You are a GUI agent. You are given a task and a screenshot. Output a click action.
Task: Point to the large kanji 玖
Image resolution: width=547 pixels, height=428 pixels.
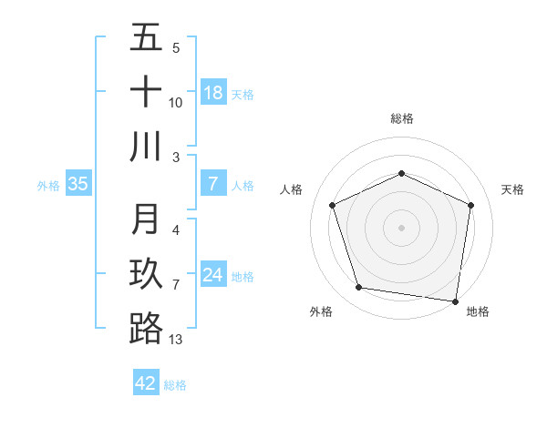[146, 274]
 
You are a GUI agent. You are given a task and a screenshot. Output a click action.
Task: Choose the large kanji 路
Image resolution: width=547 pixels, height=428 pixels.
[146, 328]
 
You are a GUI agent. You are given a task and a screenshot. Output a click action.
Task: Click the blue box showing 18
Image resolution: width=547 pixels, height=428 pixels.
[213, 93]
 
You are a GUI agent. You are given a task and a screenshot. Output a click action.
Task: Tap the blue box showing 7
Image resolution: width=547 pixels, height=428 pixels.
[213, 184]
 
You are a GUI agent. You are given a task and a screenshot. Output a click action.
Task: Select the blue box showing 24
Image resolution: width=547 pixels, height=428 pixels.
[213, 275]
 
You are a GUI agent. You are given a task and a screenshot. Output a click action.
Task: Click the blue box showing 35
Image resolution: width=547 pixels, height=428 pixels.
[78, 184]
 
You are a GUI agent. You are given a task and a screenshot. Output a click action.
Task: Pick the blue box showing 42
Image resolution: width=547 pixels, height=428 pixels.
[146, 383]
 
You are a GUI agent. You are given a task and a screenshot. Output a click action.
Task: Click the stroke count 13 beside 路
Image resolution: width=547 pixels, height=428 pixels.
[176, 340]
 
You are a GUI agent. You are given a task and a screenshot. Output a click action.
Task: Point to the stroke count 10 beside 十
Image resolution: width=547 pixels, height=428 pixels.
[176, 102]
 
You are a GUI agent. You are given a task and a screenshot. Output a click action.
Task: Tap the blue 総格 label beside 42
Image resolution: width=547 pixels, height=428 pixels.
[175, 385]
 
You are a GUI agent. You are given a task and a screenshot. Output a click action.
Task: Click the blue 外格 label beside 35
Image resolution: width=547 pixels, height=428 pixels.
[48, 186]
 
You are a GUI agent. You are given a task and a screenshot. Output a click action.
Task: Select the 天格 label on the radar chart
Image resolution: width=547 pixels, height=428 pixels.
[513, 189]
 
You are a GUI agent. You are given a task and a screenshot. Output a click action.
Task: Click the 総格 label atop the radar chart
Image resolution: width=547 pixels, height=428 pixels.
[402, 118]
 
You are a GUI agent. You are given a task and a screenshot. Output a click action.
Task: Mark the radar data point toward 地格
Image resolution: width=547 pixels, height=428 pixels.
[455, 300]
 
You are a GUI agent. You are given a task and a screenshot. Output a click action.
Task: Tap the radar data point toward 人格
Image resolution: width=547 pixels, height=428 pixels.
[333, 205]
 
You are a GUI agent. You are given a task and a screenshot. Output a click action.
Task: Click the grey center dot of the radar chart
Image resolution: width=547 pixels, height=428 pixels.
[402, 227]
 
